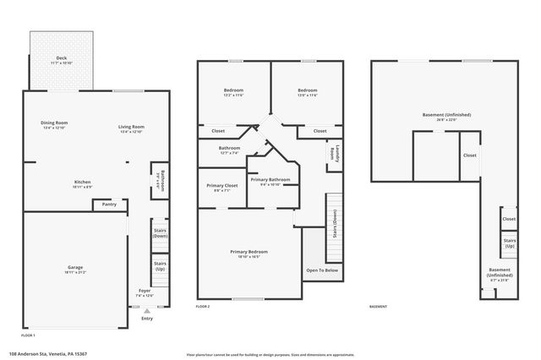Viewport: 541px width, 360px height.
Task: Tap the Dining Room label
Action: click(54, 123)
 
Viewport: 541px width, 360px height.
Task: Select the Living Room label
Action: click(131, 128)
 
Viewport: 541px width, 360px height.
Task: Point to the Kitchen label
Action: click(83, 183)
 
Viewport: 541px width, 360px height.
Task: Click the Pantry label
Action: click(109, 204)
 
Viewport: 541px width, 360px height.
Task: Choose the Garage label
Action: click(75, 268)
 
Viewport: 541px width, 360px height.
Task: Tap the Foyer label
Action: click(145, 291)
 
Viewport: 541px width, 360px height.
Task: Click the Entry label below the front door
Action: click(147, 319)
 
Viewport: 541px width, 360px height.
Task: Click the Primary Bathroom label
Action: click(270, 179)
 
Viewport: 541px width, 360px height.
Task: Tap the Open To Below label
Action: click(322, 270)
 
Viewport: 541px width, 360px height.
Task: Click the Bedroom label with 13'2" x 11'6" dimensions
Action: click(234, 90)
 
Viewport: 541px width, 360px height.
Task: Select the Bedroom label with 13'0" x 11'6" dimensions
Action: click(307, 90)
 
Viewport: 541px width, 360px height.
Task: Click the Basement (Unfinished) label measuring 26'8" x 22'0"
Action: click(445, 115)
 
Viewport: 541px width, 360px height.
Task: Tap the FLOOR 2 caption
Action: click(203, 307)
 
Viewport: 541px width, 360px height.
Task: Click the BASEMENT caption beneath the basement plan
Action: click(378, 307)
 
